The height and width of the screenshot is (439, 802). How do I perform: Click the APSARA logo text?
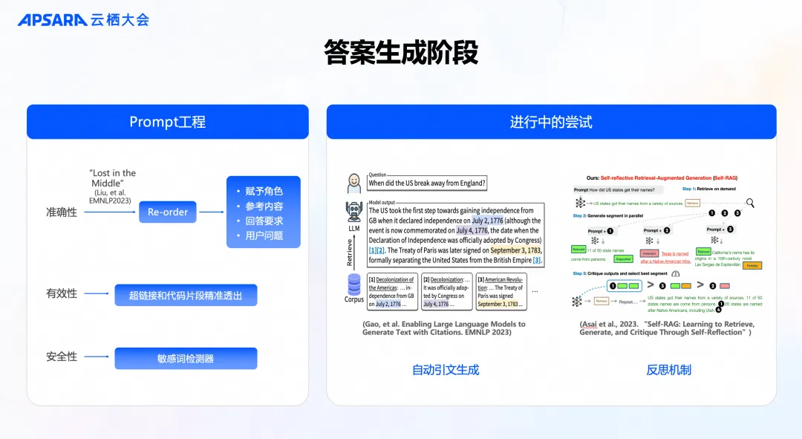(x=52, y=19)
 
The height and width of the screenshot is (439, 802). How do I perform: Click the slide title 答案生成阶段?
(x=400, y=53)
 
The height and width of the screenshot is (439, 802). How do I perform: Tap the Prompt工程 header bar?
(x=167, y=122)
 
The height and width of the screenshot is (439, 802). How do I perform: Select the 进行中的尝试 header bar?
(x=551, y=122)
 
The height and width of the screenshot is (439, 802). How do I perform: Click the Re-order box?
(x=168, y=212)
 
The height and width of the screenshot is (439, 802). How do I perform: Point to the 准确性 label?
(x=62, y=212)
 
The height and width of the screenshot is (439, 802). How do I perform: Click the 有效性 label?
(x=62, y=294)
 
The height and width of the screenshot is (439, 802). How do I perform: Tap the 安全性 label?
(x=62, y=357)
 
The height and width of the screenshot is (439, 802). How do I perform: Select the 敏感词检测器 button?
(x=186, y=359)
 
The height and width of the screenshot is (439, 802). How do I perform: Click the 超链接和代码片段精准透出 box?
(x=186, y=295)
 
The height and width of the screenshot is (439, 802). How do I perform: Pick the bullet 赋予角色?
(x=264, y=192)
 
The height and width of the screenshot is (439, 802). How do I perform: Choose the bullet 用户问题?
(x=264, y=236)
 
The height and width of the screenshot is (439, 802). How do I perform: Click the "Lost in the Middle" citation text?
(x=112, y=183)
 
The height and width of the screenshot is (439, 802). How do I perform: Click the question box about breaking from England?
(x=427, y=183)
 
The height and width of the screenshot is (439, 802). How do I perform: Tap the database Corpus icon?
(x=354, y=284)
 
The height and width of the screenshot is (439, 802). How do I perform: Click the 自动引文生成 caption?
(x=446, y=370)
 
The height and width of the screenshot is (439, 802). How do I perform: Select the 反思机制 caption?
(x=668, y=370)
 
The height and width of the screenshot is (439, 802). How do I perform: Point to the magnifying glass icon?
(x=751, y=203)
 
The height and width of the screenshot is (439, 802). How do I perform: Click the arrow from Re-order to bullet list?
(x=212, y=212)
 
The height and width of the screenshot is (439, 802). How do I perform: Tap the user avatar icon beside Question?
(x=354, y=183)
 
